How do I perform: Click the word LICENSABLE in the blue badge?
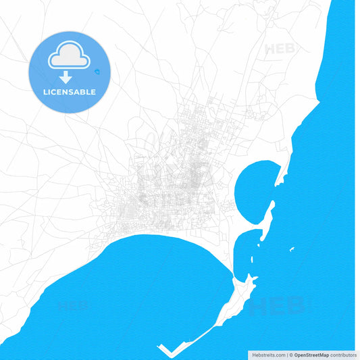69,92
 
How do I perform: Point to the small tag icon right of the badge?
99,71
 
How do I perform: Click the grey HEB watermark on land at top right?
280,49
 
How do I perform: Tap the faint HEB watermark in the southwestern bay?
74,306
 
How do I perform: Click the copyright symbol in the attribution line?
291,355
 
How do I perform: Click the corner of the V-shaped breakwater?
169,355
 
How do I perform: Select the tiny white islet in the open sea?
292,250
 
